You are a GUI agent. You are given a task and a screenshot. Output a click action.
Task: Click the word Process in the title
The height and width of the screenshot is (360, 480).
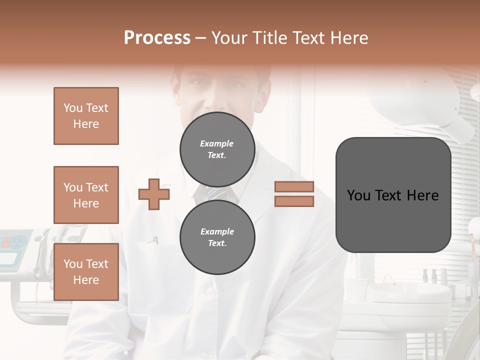click(157, 38)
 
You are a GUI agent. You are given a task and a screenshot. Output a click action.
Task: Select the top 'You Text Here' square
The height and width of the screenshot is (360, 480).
click(86, 116)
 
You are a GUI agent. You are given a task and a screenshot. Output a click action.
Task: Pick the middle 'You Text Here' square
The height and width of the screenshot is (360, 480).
click(86, 195)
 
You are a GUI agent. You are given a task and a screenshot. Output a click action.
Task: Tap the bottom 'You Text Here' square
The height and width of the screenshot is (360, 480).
click(86, 272)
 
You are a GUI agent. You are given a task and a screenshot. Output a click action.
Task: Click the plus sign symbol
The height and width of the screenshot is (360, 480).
click(154, 194)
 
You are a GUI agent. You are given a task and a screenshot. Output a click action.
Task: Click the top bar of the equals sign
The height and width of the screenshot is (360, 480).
click(294, 186)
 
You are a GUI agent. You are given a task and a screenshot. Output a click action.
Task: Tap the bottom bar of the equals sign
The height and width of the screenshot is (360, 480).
click(294, 201)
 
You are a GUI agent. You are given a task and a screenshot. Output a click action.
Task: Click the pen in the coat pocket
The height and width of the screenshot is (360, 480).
click(155, 241)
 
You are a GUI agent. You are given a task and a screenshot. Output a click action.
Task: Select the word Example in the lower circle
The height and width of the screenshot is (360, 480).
click(217, 231)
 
